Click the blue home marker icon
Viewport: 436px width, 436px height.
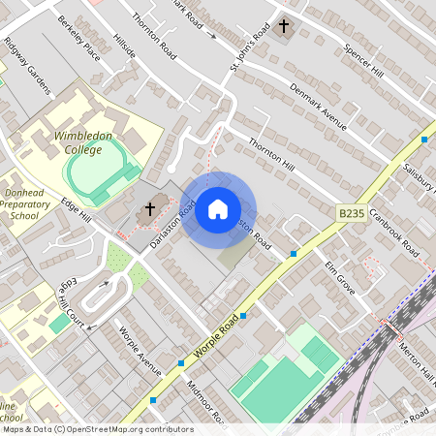[x=218, y=208]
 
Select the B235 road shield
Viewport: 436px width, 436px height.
[x=351, y=212]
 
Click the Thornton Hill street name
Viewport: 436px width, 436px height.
[x=271, y=155]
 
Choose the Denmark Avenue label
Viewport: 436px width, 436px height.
[x=318, y=107]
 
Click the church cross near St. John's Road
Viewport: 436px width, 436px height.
[x=284, y=26]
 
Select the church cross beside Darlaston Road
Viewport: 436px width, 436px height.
[x=150, y=207]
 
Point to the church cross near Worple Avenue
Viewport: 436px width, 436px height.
[x=152, y=399]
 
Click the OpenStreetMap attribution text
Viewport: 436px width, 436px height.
[x=97, y=429]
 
